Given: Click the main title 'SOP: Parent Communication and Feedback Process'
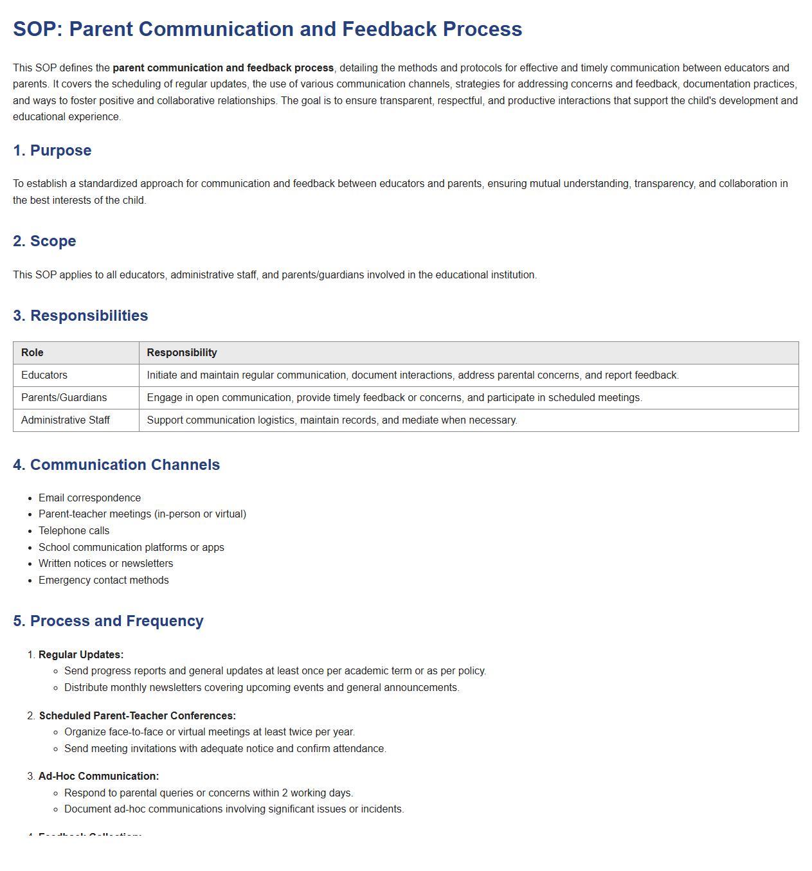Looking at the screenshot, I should pos(267,29).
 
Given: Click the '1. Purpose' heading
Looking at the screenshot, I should pos(52,150).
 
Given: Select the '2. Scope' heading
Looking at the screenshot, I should pos(44,241).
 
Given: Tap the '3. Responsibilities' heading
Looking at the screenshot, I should pos(80,316).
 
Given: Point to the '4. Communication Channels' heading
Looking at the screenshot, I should pos(116,465).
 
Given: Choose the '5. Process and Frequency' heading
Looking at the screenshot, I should pos(108,621).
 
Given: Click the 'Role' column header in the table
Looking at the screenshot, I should pos(32,352).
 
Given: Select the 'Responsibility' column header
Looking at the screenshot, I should pos(182,352).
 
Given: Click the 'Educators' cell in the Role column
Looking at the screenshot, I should pos(44,375).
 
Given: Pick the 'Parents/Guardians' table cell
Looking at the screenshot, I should pos(64,397).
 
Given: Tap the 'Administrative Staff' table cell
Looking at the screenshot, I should pos(66,420).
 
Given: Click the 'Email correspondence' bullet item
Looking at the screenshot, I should pos(89,498).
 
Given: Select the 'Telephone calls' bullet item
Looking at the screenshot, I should pos(74,530).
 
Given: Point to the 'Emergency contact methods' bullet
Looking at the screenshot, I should pos(104,580).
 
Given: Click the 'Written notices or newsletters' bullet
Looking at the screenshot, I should pos(105,563).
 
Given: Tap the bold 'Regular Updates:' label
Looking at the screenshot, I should pos(81,654).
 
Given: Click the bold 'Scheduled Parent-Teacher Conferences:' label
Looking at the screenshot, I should pos(137,715).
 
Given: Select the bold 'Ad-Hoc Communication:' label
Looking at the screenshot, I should pos(98,776).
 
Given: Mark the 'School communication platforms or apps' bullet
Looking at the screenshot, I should pos(131,547).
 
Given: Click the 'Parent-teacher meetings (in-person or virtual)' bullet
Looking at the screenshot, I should pos(142,514).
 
